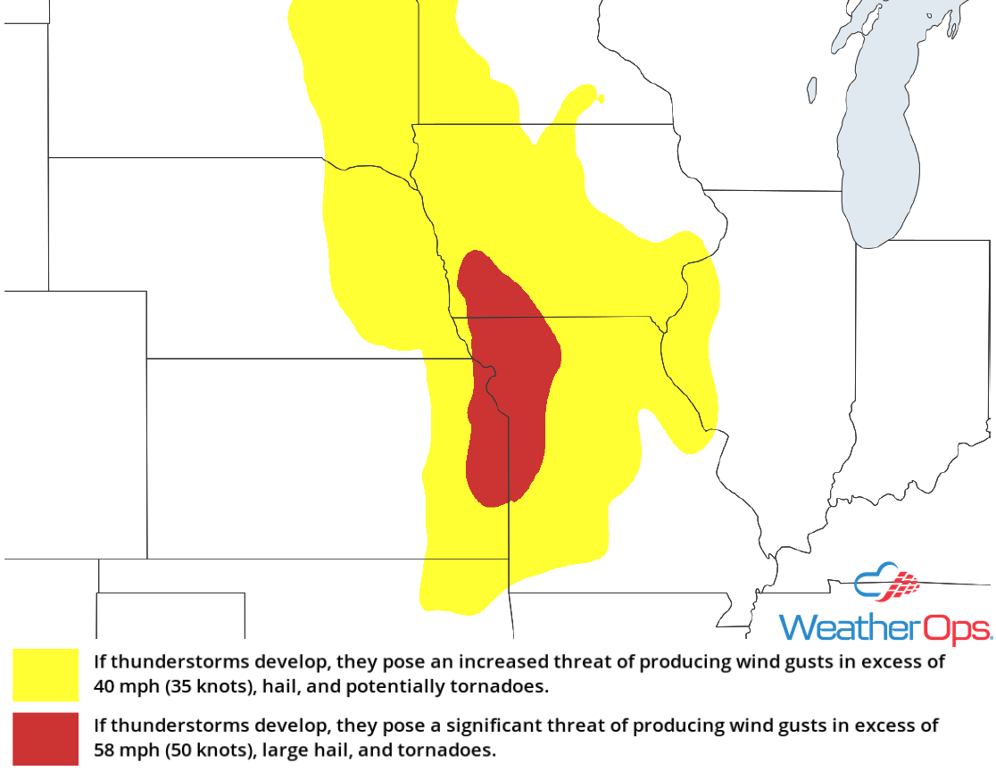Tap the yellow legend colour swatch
(46, 675)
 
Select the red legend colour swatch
(46, 738)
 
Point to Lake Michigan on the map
(879, 134)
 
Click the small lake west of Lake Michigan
(812, 89)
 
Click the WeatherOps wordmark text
(884, 627)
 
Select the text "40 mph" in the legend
(121, 688)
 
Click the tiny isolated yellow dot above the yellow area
(602, 98)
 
